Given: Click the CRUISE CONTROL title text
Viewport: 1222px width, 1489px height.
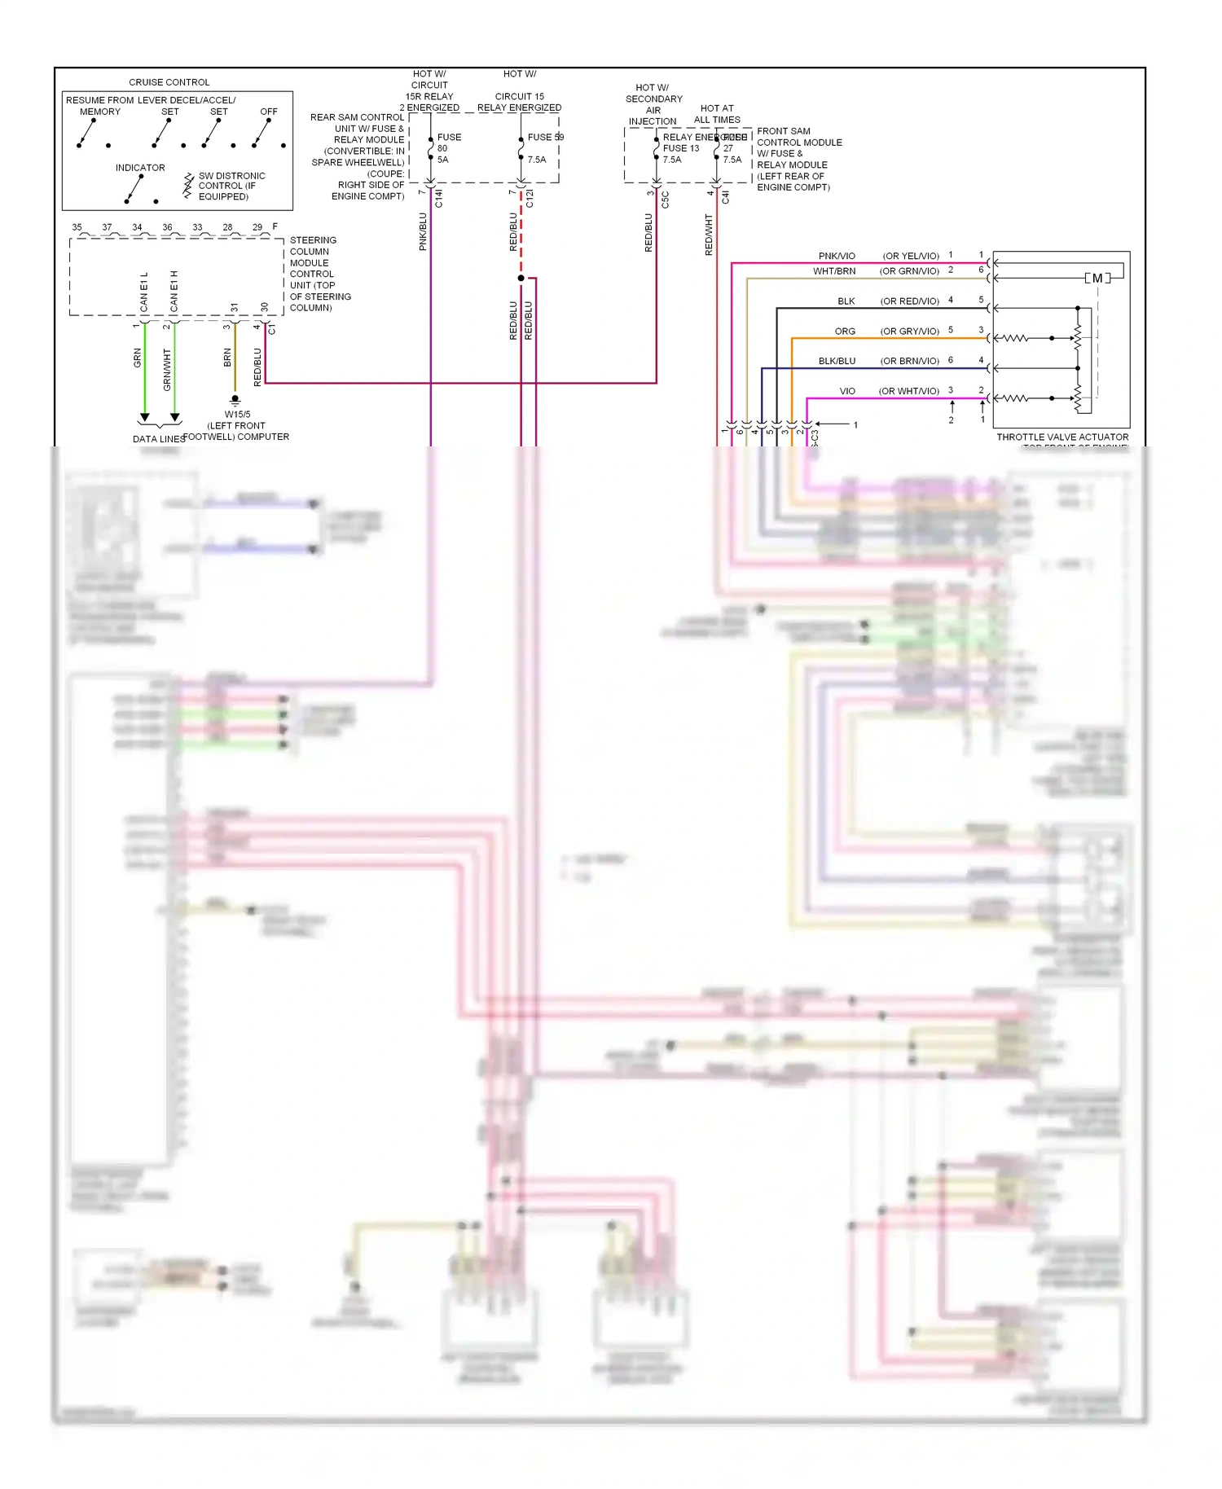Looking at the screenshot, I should (x=169, y=82).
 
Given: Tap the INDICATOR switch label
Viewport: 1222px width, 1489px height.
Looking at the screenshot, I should (x=140, y=168).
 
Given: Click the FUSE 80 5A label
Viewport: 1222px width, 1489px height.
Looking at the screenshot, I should (x=448, y=148).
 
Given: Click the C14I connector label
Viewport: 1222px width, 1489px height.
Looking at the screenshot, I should (x=439, y=198).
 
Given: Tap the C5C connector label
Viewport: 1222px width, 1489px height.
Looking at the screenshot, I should (x=665, y=200).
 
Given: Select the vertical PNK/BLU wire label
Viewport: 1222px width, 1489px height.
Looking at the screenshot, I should (x=423, y=232).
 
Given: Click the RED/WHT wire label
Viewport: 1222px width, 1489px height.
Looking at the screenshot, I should (x=709, y=235).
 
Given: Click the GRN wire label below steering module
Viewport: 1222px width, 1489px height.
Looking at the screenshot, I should (x=138, y=358).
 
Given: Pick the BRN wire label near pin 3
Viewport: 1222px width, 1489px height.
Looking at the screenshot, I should (x=227, y=358).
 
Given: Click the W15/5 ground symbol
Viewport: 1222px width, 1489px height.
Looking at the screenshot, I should (x=235, y=400).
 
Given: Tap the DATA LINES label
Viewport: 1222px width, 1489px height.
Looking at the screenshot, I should (x=159, y=439).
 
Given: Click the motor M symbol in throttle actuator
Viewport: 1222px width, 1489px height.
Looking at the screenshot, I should (x=1097, y=279).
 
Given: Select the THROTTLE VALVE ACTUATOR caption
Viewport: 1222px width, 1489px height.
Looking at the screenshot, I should (x=1062, y=437).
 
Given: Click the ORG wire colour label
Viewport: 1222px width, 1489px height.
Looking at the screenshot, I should (x=845, y=332).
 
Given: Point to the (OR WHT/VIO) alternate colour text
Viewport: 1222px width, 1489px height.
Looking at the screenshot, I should (x=908, y=392).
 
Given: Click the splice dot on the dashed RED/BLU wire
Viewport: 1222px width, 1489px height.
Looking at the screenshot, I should (x=521, y=279).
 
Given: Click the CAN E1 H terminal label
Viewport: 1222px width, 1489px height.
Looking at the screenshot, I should (x=174, y=291).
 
